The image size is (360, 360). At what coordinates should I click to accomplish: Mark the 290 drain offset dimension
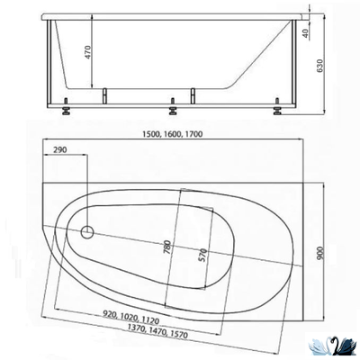[x=60, y=149]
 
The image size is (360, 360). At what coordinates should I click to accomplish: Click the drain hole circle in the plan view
[x=87, y=233]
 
